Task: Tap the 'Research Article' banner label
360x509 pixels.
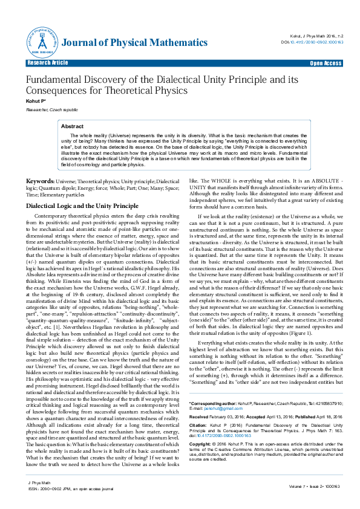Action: (48, 63)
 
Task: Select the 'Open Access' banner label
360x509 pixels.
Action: (326, 63)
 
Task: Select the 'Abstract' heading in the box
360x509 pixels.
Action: (73, 126)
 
